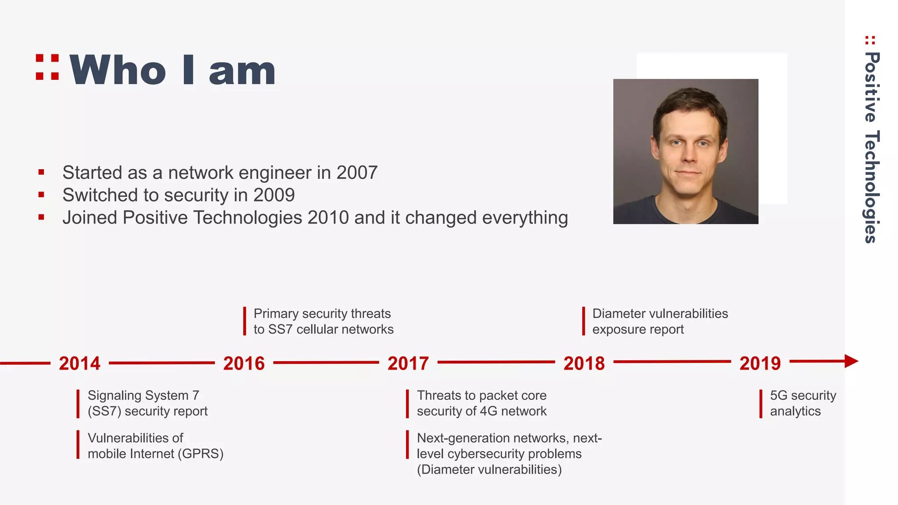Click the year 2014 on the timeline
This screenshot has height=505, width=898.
click(x=79, y=363)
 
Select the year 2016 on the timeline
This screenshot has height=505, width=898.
click(x=244, y=363)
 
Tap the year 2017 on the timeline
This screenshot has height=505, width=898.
click(x=408, y=363)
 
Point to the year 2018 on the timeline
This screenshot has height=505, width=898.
click(x=584, y=363)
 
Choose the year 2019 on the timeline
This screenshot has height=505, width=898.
click(x=760, y=363)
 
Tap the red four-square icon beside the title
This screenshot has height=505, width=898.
click(x=47, y=67)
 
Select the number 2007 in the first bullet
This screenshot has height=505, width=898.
click(x=356, y=173)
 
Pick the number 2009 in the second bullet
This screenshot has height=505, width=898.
click(x=274, y=195)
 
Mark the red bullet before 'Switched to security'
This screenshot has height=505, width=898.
click(x=41, y=195)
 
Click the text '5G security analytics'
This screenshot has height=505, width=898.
click(x=802, y=403)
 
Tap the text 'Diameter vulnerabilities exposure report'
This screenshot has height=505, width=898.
click(x=659, y=321)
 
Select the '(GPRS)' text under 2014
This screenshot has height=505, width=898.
click(x=200, y=454)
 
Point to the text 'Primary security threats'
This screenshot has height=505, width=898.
click(x=322, y=314)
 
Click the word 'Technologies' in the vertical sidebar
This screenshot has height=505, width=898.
click(x=872, y=187)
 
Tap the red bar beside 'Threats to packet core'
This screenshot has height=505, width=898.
click(x=407, y=403)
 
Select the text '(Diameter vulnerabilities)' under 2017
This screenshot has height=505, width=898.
click(x=489, y=469)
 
